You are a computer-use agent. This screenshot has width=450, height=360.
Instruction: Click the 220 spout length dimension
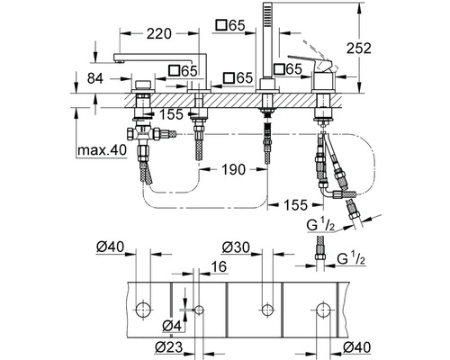[x=159, y=34]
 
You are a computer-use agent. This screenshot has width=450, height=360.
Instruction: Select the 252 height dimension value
[x=359, y=49]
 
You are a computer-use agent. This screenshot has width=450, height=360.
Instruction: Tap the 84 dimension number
[x=95, y=78]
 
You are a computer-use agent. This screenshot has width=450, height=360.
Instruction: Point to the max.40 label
[x=102, y=150]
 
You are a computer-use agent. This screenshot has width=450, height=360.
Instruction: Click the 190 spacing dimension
[x=233, y=170]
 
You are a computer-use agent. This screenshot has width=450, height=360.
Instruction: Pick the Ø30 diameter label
[x=236, y=247]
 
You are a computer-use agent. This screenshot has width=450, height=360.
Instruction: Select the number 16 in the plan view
[x=219, y=266]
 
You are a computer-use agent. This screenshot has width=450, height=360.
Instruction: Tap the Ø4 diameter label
[x=172, y=326]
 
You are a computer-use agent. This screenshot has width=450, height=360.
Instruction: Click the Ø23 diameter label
[x=169, y=347]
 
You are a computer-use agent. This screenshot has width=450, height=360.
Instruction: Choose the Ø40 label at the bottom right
[x=357, y=347]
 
